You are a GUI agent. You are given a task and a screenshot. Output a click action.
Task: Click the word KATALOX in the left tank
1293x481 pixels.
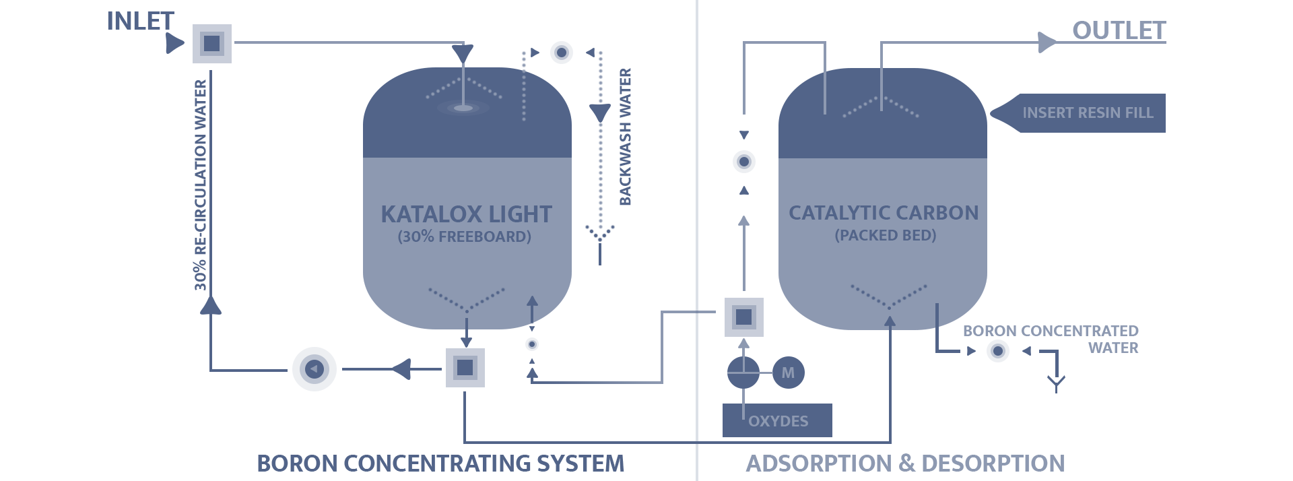421,214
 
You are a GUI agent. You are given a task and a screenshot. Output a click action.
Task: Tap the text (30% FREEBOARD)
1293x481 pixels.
464,236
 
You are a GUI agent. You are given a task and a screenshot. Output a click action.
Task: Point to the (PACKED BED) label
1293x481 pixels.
885,235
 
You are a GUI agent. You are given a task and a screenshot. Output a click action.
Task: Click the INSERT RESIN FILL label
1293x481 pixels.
1088,113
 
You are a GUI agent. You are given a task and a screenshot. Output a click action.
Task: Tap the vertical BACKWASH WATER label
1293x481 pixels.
625,137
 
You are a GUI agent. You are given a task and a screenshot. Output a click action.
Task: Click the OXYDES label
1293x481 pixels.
778,421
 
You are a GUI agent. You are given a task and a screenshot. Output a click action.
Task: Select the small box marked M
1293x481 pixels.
788,373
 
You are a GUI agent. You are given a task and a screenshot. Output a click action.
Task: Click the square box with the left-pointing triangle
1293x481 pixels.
314,368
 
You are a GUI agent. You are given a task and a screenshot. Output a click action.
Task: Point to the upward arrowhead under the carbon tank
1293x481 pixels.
890,323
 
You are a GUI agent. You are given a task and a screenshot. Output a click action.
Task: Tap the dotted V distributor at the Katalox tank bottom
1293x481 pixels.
466,300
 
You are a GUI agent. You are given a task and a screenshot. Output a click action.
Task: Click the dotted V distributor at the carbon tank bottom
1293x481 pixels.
889,296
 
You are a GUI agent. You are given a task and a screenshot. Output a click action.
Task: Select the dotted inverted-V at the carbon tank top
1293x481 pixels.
881,106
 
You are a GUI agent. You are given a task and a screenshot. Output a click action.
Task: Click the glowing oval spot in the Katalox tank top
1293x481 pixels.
462,107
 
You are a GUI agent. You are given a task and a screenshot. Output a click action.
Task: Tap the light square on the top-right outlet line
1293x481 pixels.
1047,42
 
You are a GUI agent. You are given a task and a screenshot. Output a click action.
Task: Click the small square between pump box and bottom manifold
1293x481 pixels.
401,369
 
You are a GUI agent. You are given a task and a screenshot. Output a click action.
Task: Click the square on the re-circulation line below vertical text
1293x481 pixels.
211,304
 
